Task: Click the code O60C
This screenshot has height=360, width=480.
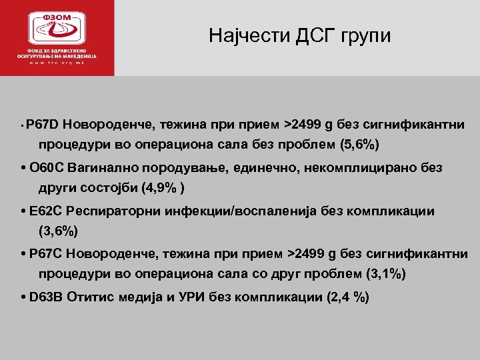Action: pos(45,168)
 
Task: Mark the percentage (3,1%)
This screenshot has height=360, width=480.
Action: pos(386,274)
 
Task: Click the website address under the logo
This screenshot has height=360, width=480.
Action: pos(57,63)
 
